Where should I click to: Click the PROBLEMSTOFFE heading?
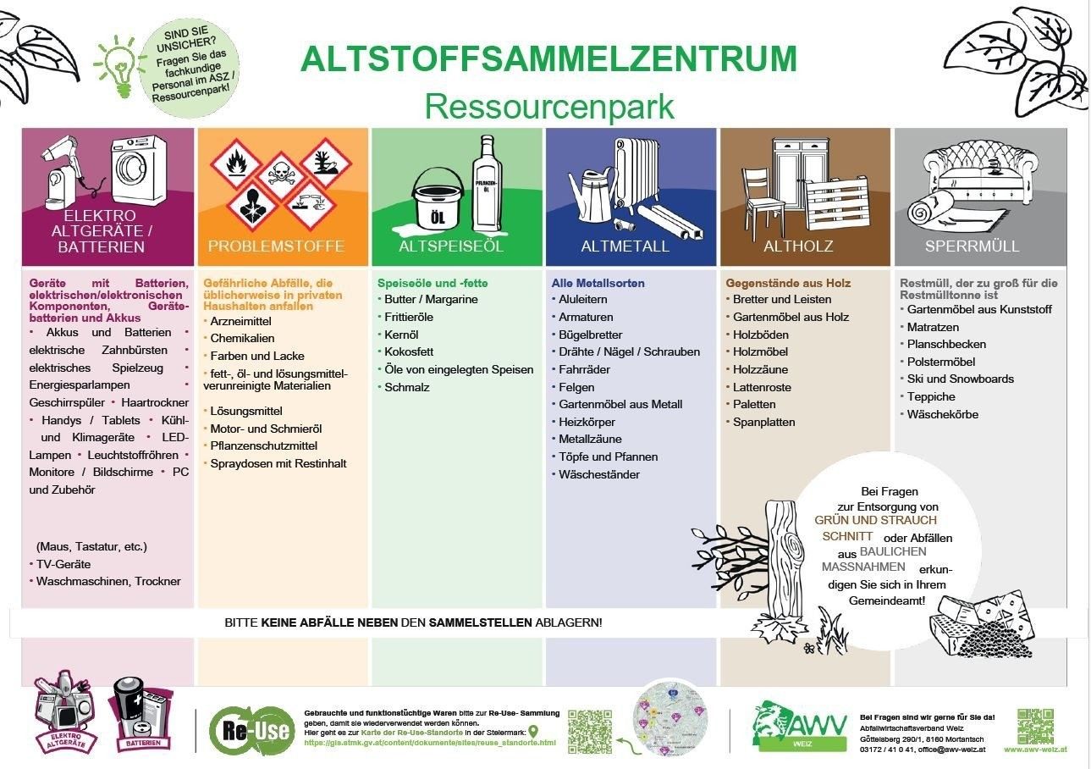(277, 246)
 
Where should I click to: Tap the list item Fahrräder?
(584, 369)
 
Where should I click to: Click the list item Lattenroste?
(762, 387)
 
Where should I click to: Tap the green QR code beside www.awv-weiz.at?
(1035, 725)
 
